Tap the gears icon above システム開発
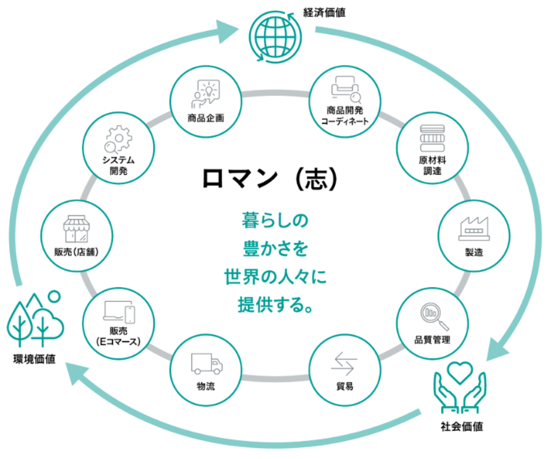pyautogui.click(x=117, y=139)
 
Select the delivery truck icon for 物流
pyautogui.click(x=206, y=364)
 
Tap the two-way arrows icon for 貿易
pyautogui.click(x=344, y=363)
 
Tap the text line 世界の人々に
pyautogui.click(x=275, y=277)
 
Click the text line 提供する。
pyautogui.click(x=275, y=304)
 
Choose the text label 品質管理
pyautogui.click(x=432, y=339)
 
